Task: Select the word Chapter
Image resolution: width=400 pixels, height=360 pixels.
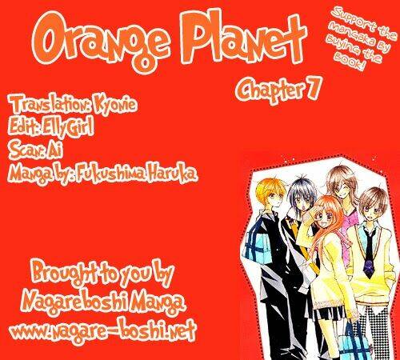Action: click(269, 90)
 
